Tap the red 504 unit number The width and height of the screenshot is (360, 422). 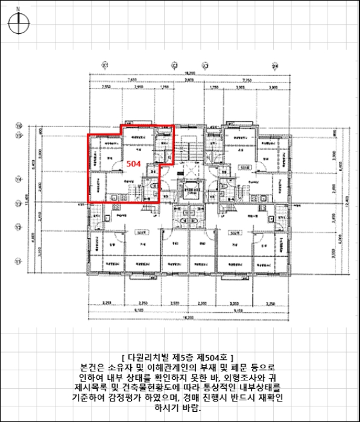click(x=133, y=163)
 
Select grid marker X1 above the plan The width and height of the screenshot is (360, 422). click(x=104, y=65)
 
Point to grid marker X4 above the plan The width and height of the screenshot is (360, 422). click(x=275, y=65)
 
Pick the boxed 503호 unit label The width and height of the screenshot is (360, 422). click(x=141, y=231)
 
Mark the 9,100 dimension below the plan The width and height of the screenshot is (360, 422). click(x=138, y=310)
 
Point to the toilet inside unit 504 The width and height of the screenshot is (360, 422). click(x=156, y=187)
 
